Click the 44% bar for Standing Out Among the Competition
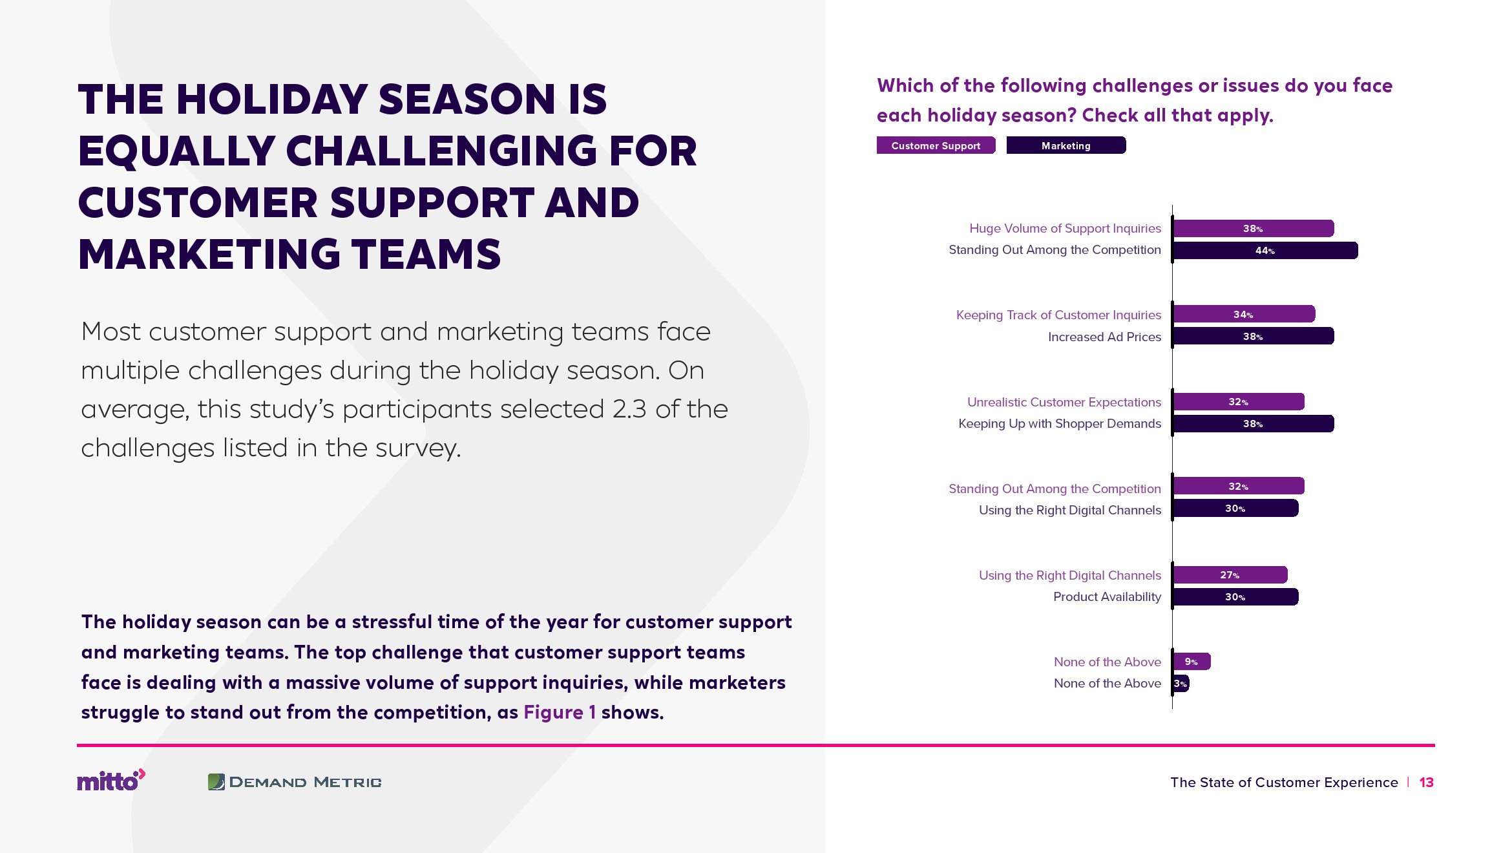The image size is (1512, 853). pos(1265,251)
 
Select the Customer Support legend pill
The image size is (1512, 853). pos(936,145)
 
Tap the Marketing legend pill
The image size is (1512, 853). pos(1066,145)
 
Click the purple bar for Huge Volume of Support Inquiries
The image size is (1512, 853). pos(1254,228)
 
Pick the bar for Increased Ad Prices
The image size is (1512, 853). pos(1254,336)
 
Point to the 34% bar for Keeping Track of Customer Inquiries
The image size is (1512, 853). pos(1244,314)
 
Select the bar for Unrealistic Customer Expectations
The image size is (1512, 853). pos(1239,401)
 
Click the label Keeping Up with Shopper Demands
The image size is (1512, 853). pos(1060,424)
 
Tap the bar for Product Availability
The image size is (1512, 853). pos(1235,596)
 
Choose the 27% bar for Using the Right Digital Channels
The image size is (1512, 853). pos(1230,574)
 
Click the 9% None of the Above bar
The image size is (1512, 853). pos(1192,661)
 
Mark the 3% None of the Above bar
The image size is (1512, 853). pos(1181,683)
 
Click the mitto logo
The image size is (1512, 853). pos(111,780)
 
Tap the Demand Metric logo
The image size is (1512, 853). pos(295,782)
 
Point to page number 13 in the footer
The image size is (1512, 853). pos(1426,783)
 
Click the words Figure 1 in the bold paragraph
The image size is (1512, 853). pos(560,712)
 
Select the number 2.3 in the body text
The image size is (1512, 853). pos(629,409)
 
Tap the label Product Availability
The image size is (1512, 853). pos(1107,597)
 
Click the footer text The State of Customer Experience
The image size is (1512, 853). pos(1284,783)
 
